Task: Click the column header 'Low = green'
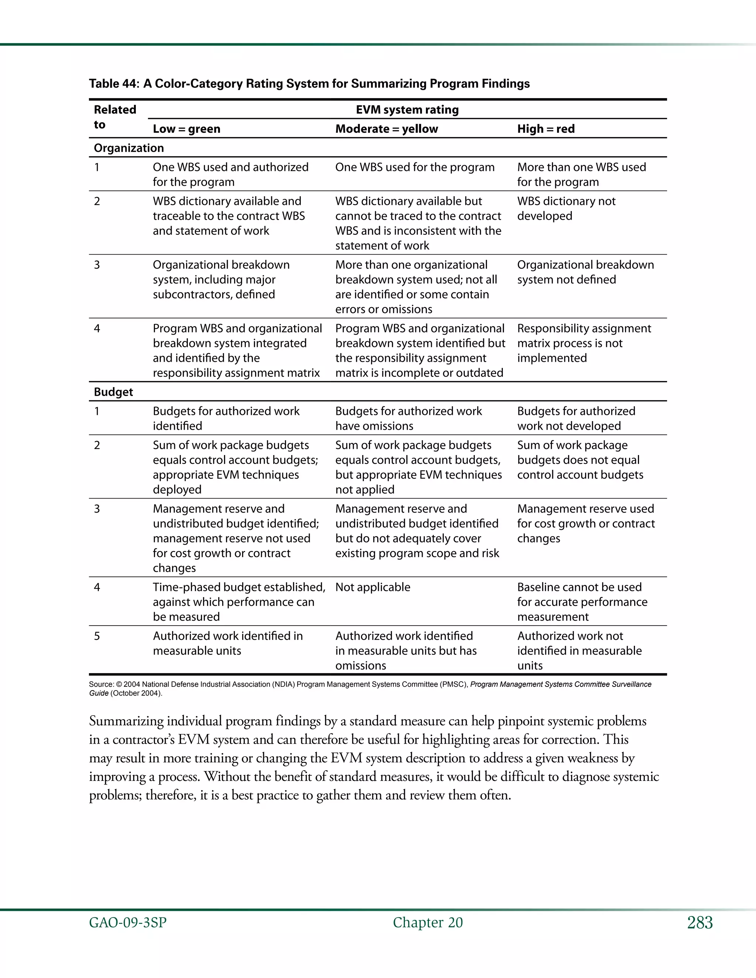click(x=186, y=129)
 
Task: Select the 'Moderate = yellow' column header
click(x=386, y=129)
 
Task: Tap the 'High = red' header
click(x=546, y=129)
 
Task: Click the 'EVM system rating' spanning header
click(x=407, y=110)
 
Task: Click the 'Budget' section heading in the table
click(x=113, y=392)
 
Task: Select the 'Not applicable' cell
click(x=372, y=587)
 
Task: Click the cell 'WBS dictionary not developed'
click(x=566, y=209)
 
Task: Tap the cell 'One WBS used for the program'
click(x=415, y=167)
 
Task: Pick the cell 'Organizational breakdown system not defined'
click(x=585, y=272)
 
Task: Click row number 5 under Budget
click(x=97, y=636)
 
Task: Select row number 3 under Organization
click(x=97, y=265)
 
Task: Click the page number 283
click(x=700, y=923)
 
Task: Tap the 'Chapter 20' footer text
click(x=428, y=923)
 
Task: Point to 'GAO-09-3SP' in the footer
click(x=128, y=923)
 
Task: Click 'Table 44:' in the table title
click(x=114, y=84)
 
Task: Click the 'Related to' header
click(x=115, y=117)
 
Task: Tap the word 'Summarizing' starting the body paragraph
click(x=126, y=722)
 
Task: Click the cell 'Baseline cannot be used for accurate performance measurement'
click(x=582, y=602)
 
